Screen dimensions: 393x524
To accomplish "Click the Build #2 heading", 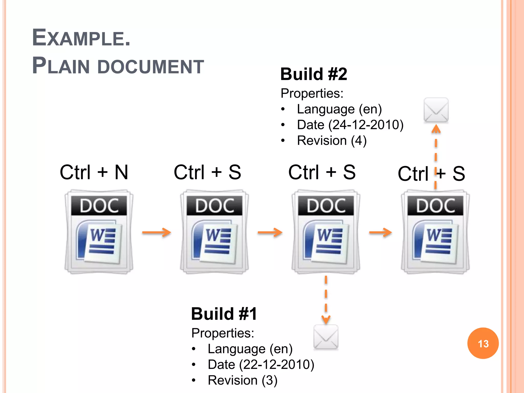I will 314,74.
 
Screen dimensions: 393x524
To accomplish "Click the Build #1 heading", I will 224,314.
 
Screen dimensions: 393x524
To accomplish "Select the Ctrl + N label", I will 94,172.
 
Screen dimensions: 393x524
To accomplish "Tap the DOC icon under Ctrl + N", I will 99,232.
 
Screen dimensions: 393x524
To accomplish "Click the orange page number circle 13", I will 483,343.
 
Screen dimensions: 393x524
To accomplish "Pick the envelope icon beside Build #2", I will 436,110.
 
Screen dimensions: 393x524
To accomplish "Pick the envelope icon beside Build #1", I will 326,337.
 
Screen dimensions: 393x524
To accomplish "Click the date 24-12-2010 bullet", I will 350,125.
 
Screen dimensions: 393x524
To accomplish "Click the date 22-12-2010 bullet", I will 261,365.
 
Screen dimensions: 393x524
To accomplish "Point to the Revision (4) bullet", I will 332,141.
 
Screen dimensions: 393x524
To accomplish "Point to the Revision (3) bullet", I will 242,380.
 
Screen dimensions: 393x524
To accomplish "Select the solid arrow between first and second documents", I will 157,232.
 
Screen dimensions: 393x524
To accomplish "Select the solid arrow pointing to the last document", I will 380,232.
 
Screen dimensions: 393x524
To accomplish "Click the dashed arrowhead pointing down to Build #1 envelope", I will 326,319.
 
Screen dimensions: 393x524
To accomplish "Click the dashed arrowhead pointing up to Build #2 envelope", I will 436,129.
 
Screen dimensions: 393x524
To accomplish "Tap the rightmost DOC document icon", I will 435,232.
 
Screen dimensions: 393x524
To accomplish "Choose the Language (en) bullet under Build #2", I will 339,109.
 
